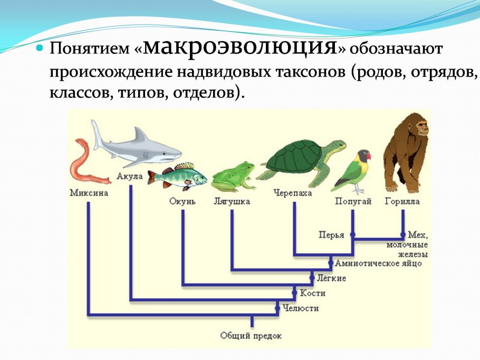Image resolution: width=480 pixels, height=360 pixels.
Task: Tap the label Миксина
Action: click(x=89, y=193)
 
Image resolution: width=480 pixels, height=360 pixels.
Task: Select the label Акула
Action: click(x=129, y=177)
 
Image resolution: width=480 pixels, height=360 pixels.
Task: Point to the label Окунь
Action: click(x=182, y=201)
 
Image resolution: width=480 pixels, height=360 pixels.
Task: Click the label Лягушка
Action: click(x=232, y=201)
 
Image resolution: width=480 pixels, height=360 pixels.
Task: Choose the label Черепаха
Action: click(x=292, y=193)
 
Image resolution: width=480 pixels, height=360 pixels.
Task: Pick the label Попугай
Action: click(x=353, y=201)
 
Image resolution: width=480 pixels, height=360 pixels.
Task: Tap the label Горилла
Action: click(x=402, y=201)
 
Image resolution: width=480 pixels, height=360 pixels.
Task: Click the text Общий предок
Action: click(x=251, y=336)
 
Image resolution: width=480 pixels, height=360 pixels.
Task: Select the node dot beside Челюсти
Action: click(x=277, y=308)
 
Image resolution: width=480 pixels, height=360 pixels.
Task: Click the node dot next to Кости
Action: click(x=294, y=293)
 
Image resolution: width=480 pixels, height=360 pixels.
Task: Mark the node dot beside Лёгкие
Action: click(x=312, y=278)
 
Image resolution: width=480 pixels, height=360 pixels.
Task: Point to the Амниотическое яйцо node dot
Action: click(x=331, y=262)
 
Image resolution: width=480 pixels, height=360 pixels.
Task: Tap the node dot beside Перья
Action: click(x=353, y=235)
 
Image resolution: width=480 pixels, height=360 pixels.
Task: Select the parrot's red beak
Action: click(x=369, y=157)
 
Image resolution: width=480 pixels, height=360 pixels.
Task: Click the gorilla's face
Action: click(x=422, y=127)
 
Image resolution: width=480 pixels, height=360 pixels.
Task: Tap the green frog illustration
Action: click(x=233, y=176)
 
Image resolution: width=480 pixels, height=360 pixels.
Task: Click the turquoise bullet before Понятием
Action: click(x=40, y=48)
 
